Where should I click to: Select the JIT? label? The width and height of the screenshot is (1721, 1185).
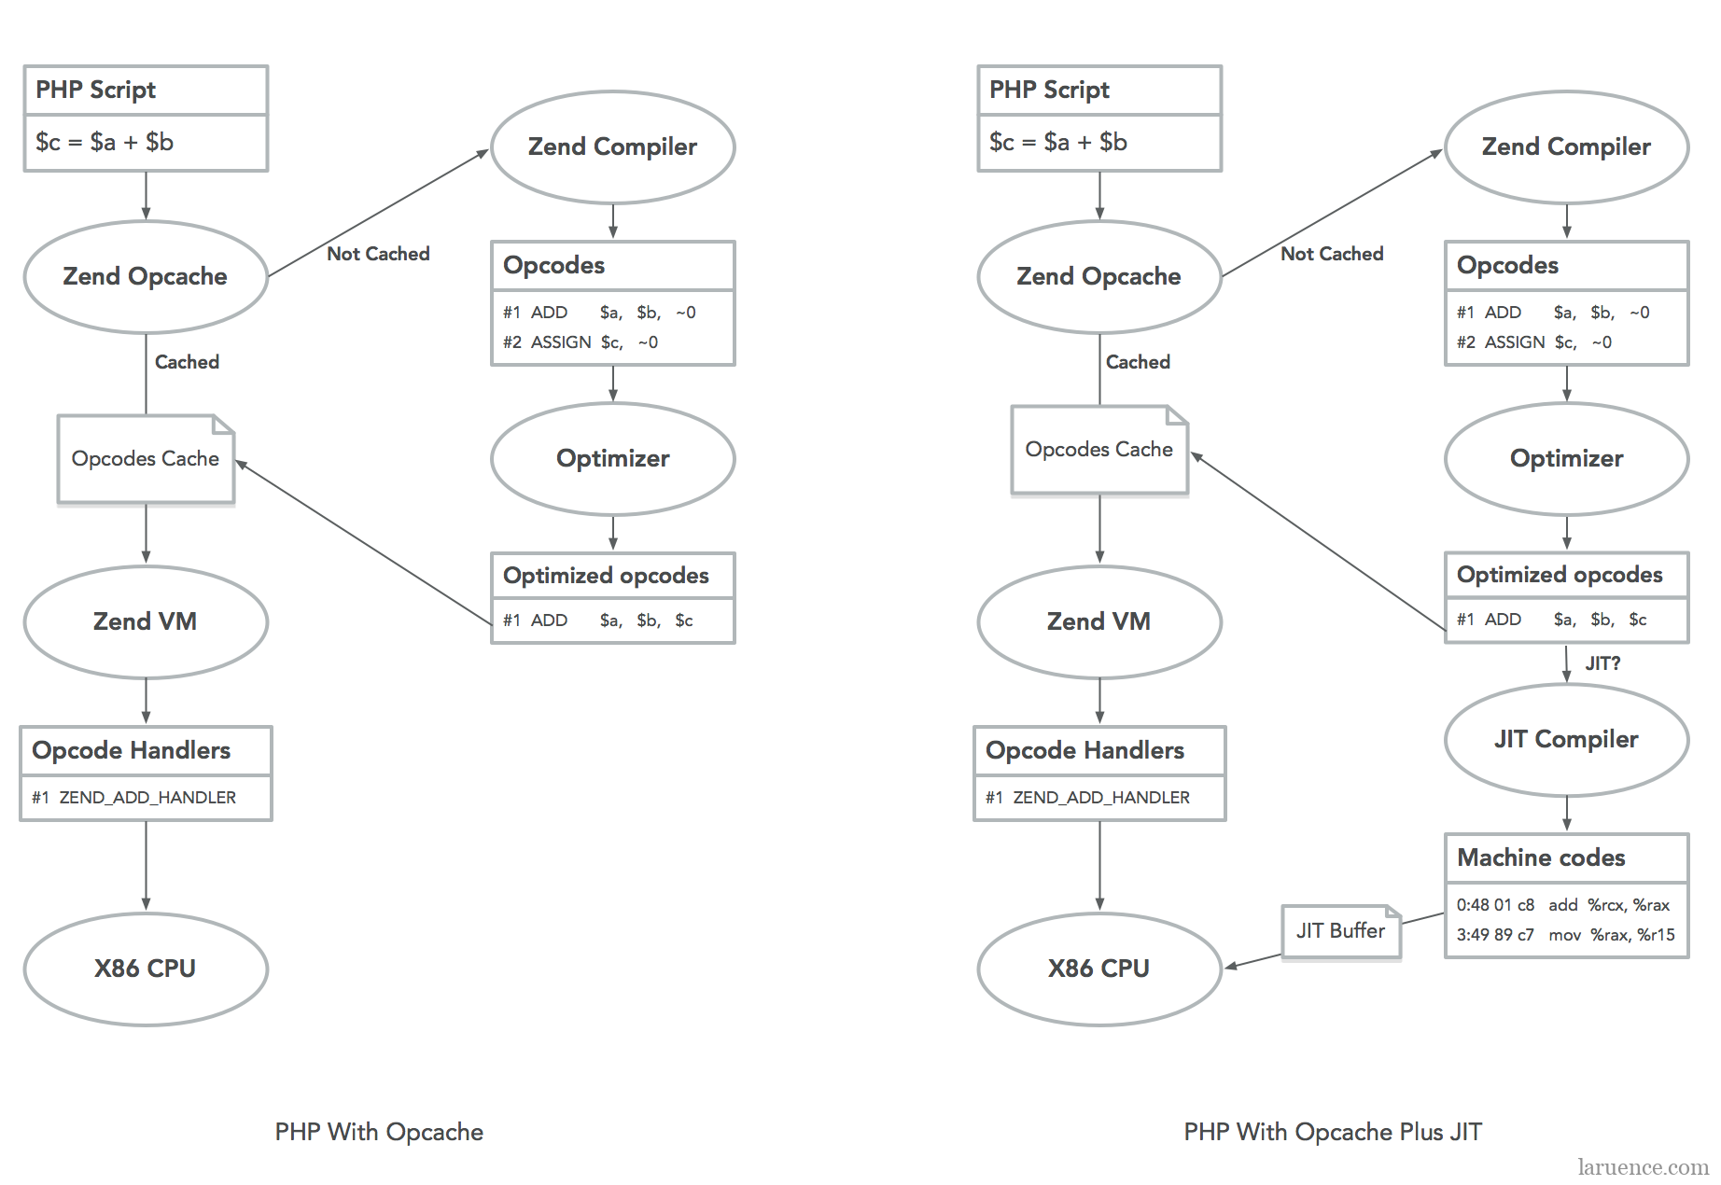coord(1602,663)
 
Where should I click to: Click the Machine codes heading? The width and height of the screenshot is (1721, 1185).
coord(1541,857)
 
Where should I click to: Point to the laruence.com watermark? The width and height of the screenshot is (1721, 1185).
coord(1643,1167)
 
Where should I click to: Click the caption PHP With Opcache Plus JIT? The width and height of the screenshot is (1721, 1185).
coord(1333,1132)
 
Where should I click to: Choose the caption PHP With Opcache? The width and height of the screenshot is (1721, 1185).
coord(379,1132)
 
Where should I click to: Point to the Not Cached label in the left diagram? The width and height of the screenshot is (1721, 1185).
coord(378,254)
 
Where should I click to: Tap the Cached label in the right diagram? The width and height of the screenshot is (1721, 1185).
coord(1138,362)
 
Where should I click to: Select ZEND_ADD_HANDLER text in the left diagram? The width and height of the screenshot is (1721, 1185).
coord(147,798)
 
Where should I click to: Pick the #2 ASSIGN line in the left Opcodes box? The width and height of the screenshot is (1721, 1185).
coord(581,342)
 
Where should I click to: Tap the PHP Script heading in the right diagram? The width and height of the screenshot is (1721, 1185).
coord(1049,90)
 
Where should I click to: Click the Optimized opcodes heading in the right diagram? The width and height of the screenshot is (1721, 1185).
coord(1560,575)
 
